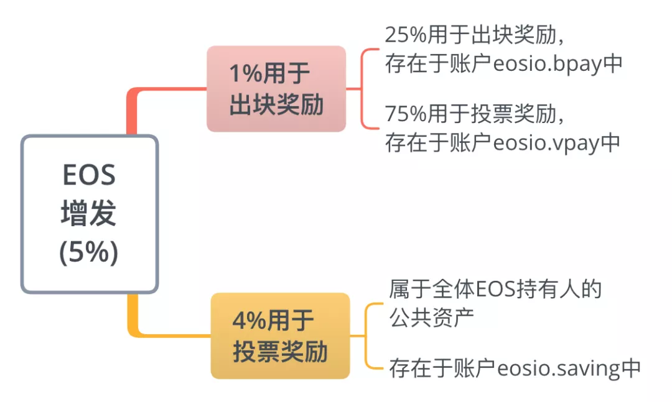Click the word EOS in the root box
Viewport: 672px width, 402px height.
click(89, 175)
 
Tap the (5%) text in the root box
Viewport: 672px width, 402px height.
click(89, 252)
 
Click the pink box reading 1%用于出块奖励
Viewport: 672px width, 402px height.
click(276, 89)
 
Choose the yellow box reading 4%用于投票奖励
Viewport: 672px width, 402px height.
click(280, 336)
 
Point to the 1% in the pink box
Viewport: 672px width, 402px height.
click(246, 73)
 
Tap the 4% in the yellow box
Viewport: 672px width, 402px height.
click(250, 320)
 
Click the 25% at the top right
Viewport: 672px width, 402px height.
click(406, 35)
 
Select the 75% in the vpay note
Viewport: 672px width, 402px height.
click(406, 114)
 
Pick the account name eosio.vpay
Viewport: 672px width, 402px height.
click(546, 143)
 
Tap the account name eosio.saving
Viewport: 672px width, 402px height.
click(559, 368)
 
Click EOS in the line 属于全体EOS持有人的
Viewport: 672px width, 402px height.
click(495, 290)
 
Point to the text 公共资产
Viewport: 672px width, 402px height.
click(432, 317)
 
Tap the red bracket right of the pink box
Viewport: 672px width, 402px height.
click(362, 89)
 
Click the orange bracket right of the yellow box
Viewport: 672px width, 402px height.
click(366, 336)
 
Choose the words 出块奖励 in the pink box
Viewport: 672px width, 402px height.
click(276, 104)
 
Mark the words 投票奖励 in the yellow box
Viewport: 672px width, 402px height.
click(280, 352)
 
